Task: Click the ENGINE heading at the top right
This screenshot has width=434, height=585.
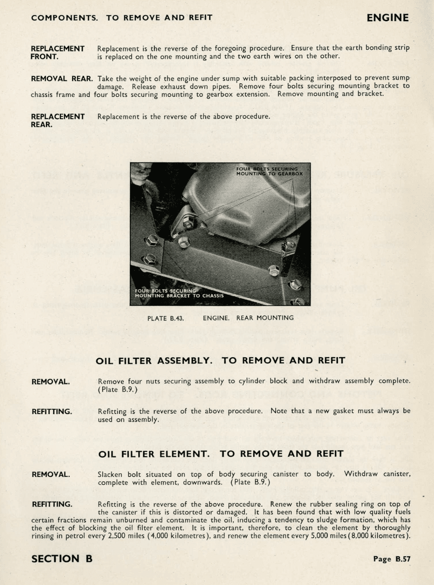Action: pos(387,18)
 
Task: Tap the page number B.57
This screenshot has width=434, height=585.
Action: pos(391,559)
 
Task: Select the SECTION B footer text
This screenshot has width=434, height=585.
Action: pos(62,559)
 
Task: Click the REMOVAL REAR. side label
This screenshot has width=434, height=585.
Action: pos(62,79)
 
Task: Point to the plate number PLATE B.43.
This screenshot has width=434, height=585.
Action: pos(166,318)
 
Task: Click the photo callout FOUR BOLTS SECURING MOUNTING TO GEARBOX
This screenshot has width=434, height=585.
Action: pos(269,171)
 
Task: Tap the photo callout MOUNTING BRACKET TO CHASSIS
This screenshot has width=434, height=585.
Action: pos(179,296)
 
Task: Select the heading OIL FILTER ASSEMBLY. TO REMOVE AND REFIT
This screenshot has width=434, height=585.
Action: pos(220,361)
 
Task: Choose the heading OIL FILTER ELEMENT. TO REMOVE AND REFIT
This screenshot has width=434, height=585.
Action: pos(220,454)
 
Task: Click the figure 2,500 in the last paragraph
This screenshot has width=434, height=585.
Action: pos(112,536)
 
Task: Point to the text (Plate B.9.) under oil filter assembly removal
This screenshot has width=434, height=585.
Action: pos(118,389)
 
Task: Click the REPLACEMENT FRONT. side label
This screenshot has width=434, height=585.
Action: pos(57,53)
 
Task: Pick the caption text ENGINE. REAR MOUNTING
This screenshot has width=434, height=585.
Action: pos(248,318)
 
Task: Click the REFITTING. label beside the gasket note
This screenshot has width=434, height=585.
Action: pos(52,412)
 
